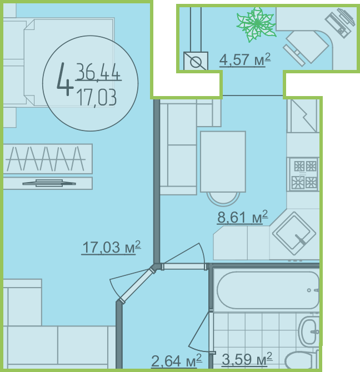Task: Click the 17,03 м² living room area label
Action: point(111,248)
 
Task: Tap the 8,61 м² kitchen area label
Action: point(243,217)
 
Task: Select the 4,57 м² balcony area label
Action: point(245,59)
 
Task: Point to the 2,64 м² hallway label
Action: point(177,361)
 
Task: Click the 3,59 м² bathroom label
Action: point(247,359)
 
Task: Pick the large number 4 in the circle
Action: point(65,79)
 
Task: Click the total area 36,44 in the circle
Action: point(98,72)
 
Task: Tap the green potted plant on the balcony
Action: point(257,24)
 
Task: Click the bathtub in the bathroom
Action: point(268,290)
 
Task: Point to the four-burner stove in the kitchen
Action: point(303,174)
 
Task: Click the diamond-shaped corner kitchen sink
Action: point(294,233)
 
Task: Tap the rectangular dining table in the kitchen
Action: point(223,162)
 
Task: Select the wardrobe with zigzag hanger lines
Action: point(48,159)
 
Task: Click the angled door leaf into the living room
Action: point(137,285)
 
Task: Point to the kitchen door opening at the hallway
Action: point(184,267)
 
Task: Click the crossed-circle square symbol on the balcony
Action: point(196,61)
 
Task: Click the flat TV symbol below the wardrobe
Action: point(49,183)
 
